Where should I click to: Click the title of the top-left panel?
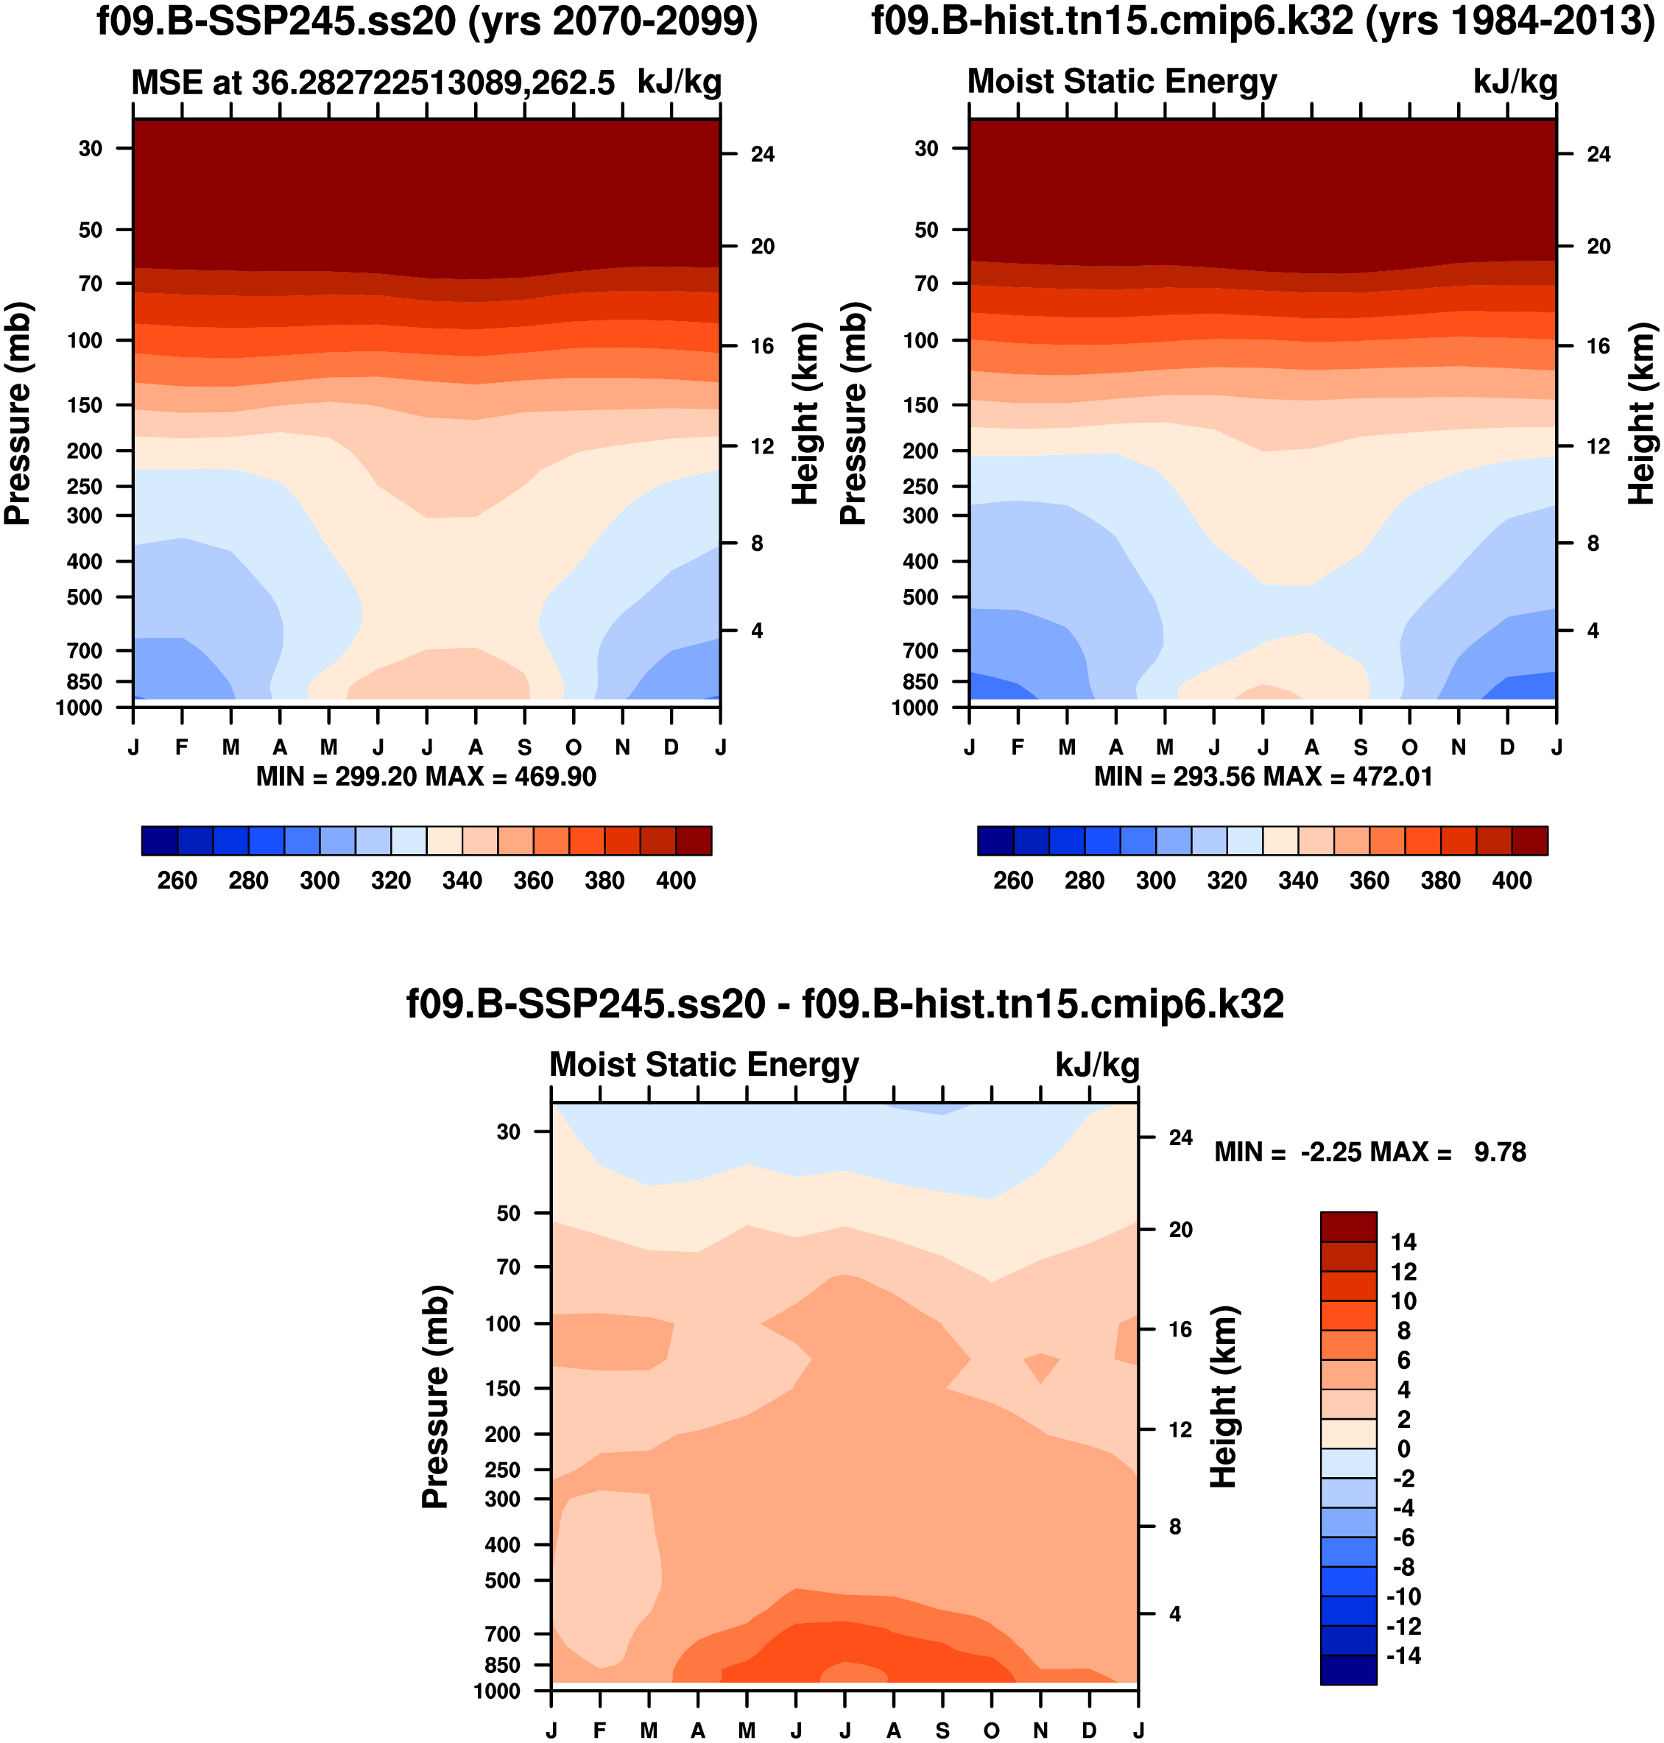click(426, 21)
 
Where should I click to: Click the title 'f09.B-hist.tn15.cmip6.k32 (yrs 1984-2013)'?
click(1262, 21)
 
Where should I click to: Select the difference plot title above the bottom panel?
click(845, 1004)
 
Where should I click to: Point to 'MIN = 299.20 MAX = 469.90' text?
click(426, 777)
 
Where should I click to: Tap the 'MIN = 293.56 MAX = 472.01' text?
click(1263, 777)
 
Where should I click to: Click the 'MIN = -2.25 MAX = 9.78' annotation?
click(1369, 1152)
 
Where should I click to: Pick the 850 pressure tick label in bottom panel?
click(502, 1665)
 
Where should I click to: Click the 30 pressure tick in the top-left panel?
click(91, 148)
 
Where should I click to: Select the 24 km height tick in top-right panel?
click(1598, 155)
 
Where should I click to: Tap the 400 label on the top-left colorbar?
click(675, 881)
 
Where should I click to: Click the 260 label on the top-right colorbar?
click(1013, 881)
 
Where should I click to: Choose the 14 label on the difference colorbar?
click(1403, 1242)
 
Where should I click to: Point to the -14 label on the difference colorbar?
click(1403, 1656)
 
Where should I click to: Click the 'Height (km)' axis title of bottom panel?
click(1223, 1397)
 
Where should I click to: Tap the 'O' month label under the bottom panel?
click(992, 1730)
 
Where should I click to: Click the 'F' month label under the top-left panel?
click(182, 747)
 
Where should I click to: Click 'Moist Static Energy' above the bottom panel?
click(705, 1064)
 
